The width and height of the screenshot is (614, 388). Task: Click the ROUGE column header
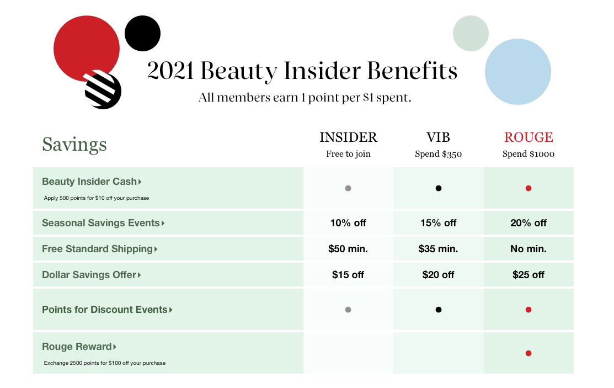[528, 137]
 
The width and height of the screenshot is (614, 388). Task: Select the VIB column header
[438, 137]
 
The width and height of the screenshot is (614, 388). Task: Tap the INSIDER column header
[348, 137]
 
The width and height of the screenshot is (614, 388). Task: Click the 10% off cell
[348, 223]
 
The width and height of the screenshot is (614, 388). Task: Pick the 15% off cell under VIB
[438, 223]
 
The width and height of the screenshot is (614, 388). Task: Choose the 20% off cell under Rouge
[528, 223]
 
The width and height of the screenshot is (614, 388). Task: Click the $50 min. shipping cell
[348, 249]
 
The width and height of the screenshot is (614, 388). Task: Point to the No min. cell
[528, 249]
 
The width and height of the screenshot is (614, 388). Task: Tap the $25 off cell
[528, 275]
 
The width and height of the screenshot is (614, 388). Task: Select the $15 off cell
[348, 275]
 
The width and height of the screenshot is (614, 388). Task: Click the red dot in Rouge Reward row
[528, 353]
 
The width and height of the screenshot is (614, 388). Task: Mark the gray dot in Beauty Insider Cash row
[348, 188]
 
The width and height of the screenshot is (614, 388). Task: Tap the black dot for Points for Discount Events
[439, 310]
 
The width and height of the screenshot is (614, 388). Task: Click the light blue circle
[517, 72]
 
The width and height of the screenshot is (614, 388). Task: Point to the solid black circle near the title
[142, 33]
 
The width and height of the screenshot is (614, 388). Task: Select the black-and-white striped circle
[103, 91]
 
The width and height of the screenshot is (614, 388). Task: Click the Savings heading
[74, 145]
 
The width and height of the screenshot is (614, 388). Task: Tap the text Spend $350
[438, 154]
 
